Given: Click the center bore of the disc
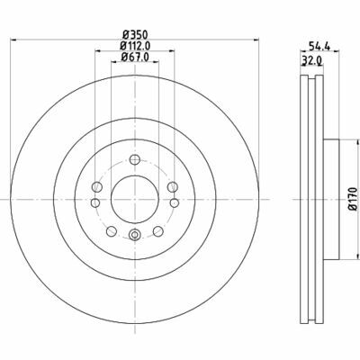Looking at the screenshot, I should point(133,196).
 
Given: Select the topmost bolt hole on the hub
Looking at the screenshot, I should point(133,159).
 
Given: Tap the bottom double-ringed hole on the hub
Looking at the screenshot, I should point(133,235).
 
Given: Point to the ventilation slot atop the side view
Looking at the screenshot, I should point(310,86).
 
